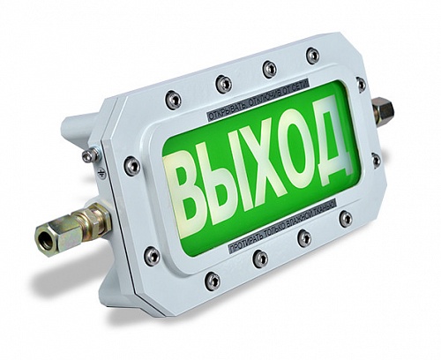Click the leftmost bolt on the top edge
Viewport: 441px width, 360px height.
coord(174,99)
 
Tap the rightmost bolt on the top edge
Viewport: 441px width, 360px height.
coord(313,55)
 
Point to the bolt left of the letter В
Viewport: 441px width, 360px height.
coord(132,166)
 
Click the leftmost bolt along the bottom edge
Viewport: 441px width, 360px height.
coord(213,281)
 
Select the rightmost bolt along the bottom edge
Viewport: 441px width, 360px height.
coord(346,218)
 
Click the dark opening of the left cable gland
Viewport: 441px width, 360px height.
coord(45,239)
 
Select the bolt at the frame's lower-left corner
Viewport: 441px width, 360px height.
coord(153,256)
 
